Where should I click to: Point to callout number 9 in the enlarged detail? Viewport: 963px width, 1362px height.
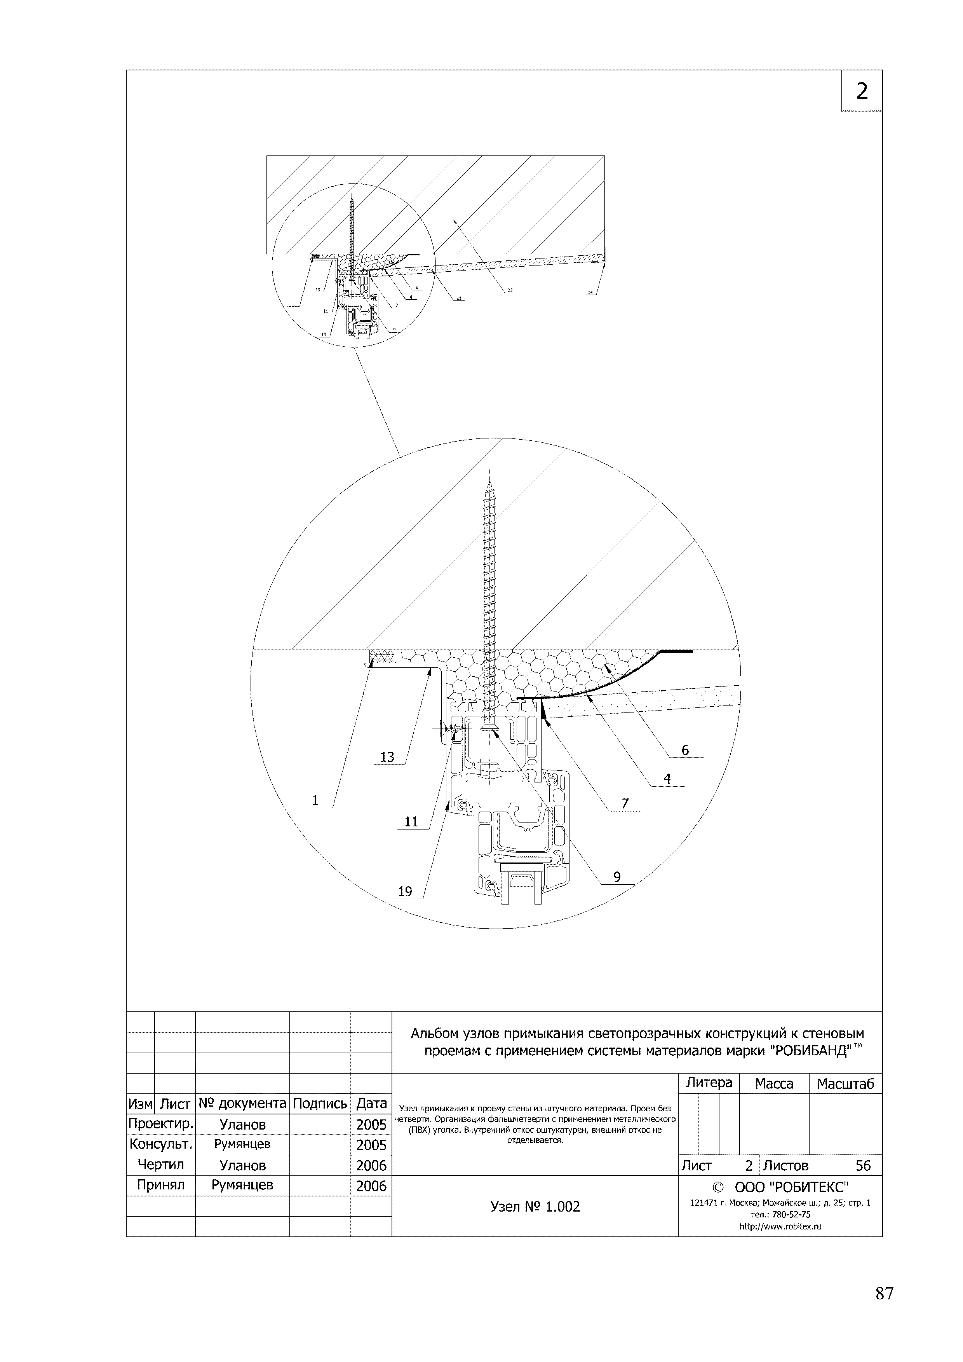coord(617,877)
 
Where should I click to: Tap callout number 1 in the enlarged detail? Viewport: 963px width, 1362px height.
coord(315,801)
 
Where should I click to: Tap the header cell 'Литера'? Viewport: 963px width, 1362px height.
coord(709,1083)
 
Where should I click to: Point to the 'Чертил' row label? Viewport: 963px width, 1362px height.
coord(161,1165)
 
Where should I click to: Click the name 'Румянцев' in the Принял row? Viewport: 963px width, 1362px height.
coord(242,1185)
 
